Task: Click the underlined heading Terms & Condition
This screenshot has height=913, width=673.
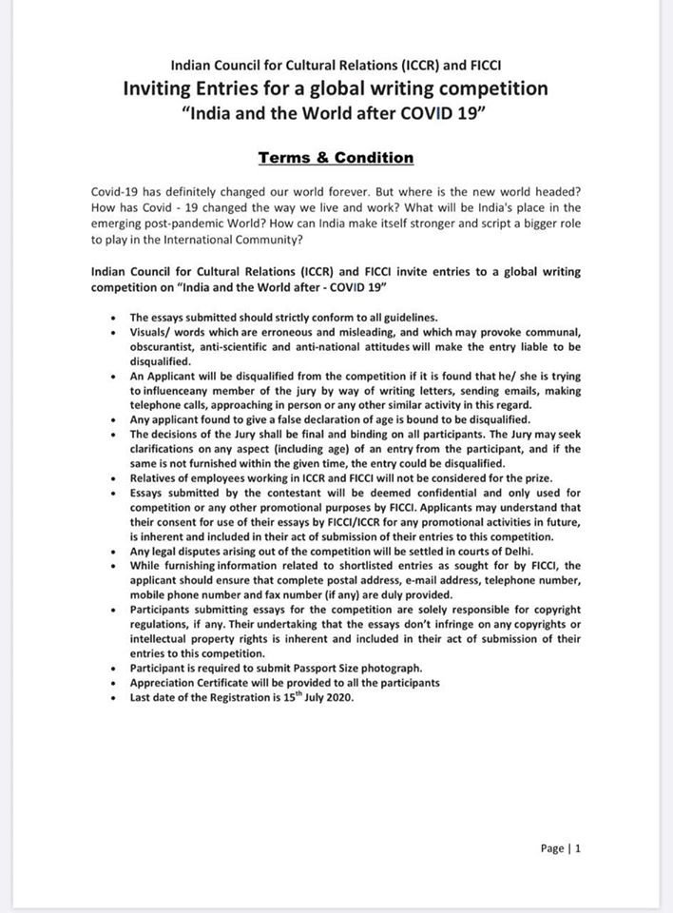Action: point(336,158)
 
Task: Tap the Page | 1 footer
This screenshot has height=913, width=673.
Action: point(560,848)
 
